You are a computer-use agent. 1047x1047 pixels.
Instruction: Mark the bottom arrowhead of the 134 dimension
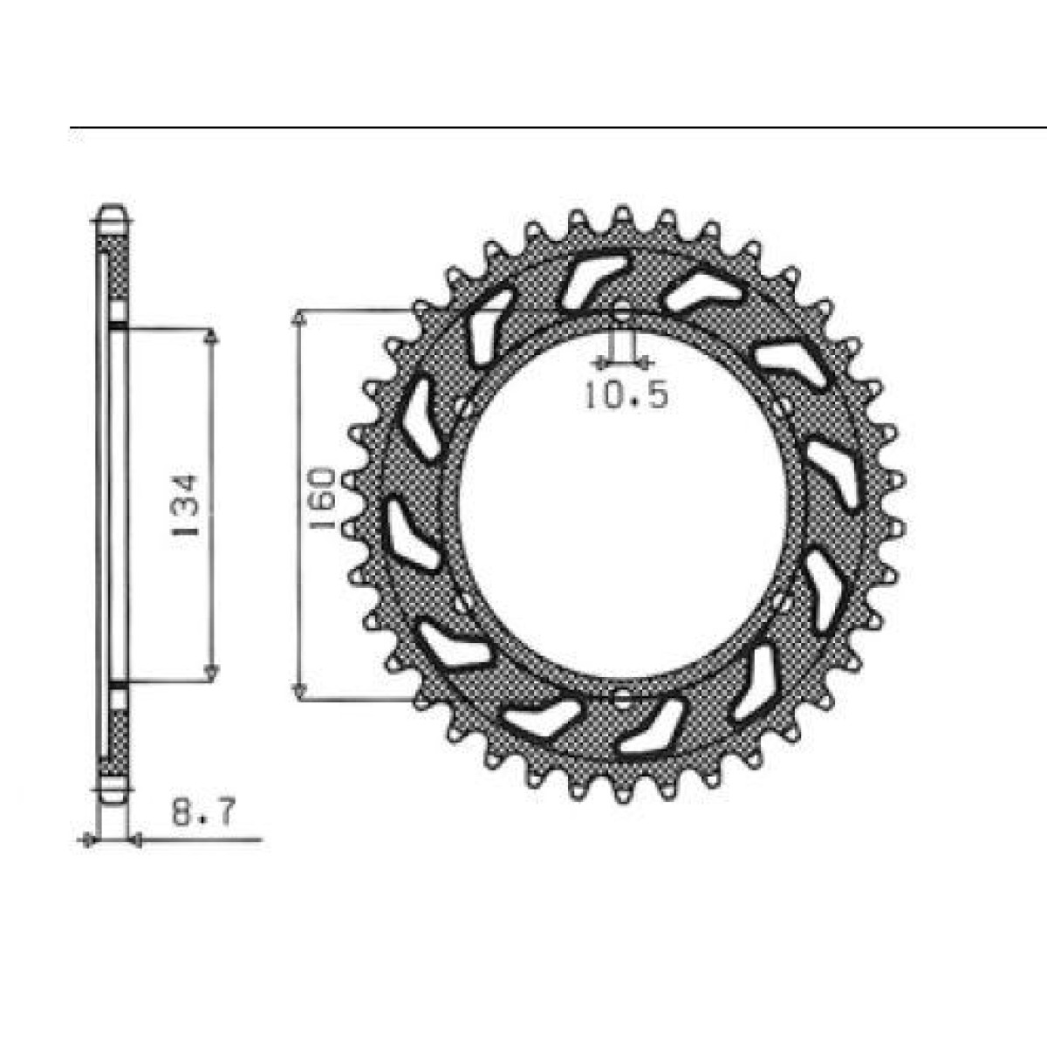[x=210, y=672]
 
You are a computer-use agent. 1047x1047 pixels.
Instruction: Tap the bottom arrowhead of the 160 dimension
[x=299, y=691]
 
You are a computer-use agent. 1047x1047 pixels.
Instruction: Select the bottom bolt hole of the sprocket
[x=621, y=698]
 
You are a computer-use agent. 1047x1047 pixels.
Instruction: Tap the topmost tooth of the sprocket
[x=621, y=214]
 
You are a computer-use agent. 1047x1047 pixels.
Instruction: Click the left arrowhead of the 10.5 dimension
[x=600, y=361]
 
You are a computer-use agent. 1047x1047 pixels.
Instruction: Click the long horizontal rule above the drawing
[x=558, y=128]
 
